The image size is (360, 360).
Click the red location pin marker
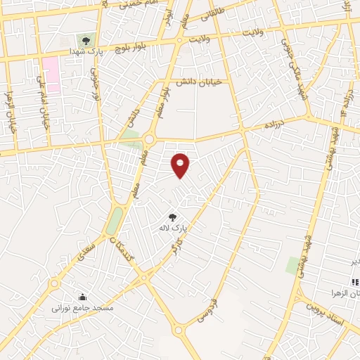[x=181, y=165]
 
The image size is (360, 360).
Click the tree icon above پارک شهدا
[x=86, y=41]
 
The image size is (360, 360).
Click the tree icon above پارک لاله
[x=173, y=217]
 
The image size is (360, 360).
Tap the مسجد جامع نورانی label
[x=82, y=307]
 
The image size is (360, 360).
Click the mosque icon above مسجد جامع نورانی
[x=83, y=296]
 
